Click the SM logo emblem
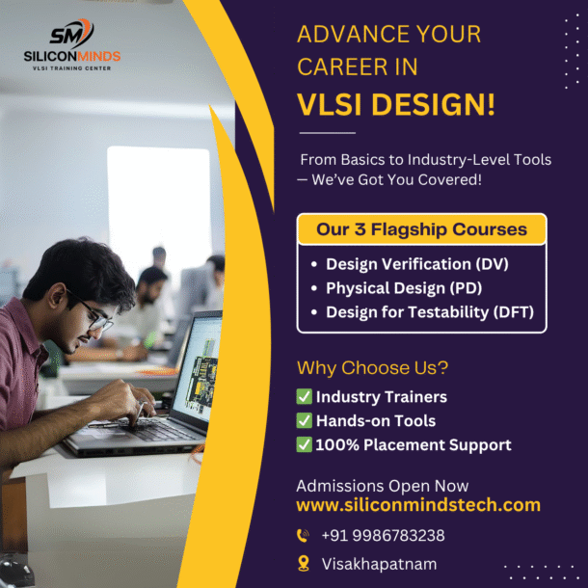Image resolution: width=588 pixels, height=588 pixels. [71, 34]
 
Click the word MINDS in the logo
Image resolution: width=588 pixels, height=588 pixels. [99, 57]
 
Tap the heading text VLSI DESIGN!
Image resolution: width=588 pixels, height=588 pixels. [396, 104]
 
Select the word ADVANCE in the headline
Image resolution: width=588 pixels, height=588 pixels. [353, 35]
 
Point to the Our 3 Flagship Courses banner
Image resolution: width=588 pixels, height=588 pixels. [421, 229]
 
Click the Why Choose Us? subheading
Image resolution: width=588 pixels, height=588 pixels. [372, 368]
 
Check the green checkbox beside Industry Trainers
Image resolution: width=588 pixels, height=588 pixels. [305, 397]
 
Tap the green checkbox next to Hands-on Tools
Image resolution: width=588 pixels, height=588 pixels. [305, 420]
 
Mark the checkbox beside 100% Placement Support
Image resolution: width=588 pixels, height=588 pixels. [305, 444]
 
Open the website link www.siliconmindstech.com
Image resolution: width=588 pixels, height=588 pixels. [418, 505]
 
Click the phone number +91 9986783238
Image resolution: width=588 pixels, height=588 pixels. [384, 536]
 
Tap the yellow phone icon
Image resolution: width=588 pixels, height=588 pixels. [303, 536]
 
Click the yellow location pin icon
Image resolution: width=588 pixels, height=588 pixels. [304, 564]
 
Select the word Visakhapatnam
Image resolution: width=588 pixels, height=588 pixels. [379, 564]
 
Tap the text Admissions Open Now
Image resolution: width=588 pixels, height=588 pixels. [383, 486]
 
